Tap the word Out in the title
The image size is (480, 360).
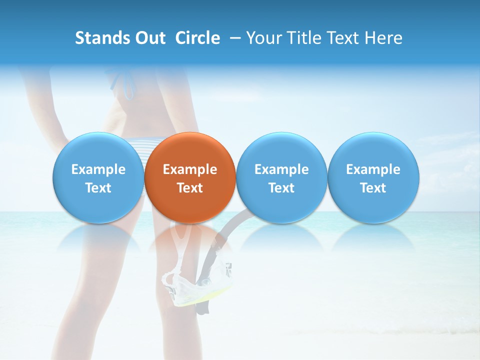(x=149, y=38)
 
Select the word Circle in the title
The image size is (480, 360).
(x=197, y=38)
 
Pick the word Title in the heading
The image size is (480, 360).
(x=301, y=38)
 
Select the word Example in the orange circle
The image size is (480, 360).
(x=190, y=169)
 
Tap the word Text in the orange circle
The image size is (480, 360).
(x=190, y=188)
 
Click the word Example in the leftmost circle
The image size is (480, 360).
(x=98, y=169)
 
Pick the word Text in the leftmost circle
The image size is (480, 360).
(x=98, y=188)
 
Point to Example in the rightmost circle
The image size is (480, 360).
(x=373, y=169)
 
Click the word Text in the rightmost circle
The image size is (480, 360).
(x=373, y=188)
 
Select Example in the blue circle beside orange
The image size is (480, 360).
(x=281, y=169)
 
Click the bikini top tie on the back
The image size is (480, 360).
(x=125, y=82)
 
